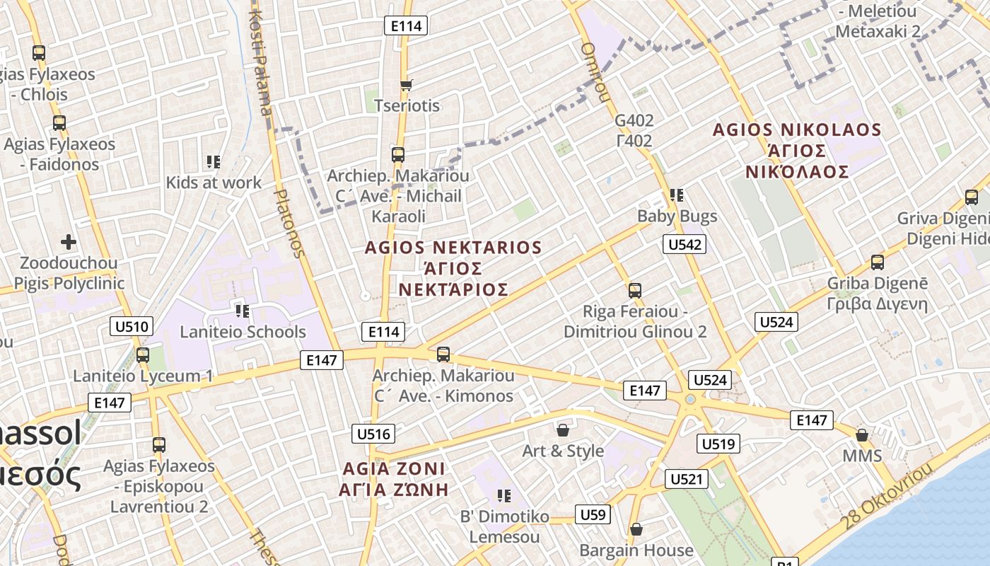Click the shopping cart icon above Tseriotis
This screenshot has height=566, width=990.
coord(406,86)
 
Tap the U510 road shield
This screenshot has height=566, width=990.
coord(132,326)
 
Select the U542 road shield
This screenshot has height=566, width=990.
coord(685,245)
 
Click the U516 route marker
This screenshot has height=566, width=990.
coord(373,434)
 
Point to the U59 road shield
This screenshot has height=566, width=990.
coord(593,514)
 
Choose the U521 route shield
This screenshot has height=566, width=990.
coord(686,479)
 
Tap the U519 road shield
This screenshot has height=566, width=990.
coord(718,444)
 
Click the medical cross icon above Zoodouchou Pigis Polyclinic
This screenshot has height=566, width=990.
coord(68,243)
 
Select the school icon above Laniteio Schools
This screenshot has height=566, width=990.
coord(243,311)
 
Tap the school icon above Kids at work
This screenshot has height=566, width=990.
coord(214,162)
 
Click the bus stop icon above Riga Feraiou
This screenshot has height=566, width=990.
coord(635,290)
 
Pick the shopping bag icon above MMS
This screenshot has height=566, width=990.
coord(862,434)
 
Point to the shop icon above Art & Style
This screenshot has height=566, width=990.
coord(563,430)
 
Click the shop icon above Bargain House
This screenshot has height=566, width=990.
coord(636,529)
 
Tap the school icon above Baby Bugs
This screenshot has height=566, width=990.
coord(677,195)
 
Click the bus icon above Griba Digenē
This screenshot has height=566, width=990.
coord(878,262)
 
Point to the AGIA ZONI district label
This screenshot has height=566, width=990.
coord(393,468)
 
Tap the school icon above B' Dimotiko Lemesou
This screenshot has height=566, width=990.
coord(503,496)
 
